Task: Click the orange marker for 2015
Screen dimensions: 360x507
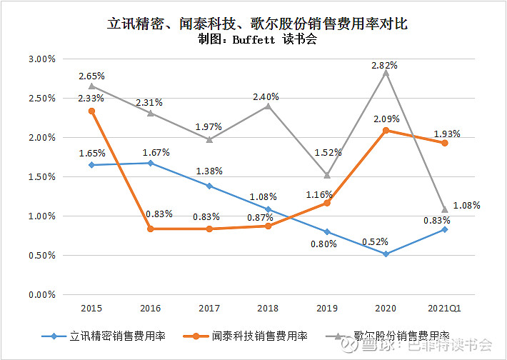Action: pyautogui.click(x=91, y=111)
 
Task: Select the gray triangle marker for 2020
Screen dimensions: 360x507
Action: pyautogui.click(x=386, y=72)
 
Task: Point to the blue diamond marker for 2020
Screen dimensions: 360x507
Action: pyautogui.click(x=386, y=254)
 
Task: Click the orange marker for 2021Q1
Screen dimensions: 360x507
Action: pyautogui.click(x=444, y=143)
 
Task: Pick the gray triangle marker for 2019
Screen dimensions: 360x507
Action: pyautogui.click(x=327, y=174)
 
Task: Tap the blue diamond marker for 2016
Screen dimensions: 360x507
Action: pyautogui.click(x=150, y=163)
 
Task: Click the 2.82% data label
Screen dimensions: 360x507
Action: pyautogui.click(x=385, y=64)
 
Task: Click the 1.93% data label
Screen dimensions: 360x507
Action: pyautogui.click(x=447, y=134)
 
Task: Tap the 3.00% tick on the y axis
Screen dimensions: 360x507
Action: pyautogui.click(x=41, y=59)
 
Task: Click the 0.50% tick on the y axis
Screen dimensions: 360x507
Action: pyautogui.click(x=41, y=255)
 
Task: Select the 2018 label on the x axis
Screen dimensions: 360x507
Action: pyautogui.click(x=268, y=308)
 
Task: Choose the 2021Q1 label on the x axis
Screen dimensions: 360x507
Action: pyautogui.click(x=444, y=308)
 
